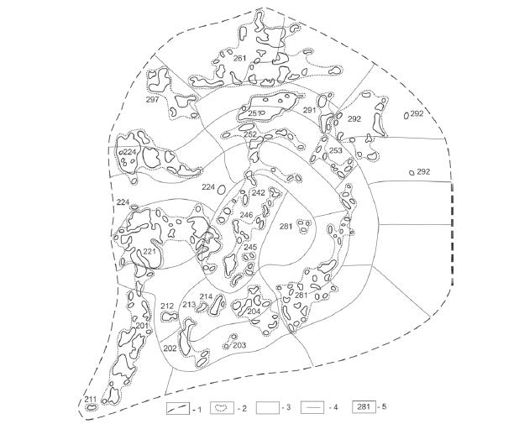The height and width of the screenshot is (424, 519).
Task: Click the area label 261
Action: (239, 59)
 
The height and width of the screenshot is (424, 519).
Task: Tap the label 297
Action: (153, 99)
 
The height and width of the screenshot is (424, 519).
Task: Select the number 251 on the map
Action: (254, 113)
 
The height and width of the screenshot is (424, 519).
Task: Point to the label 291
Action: (310, 110)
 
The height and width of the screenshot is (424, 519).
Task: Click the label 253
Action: (336, 150)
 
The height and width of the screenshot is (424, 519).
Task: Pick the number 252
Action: (250, 134)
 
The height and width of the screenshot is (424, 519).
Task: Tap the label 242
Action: (259, 192)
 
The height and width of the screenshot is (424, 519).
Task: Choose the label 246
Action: (247, 215)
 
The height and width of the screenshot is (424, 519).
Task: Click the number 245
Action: (250, 247)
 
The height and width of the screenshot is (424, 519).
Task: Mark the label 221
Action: (149, 252)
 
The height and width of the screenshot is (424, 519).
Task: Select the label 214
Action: (206, 296)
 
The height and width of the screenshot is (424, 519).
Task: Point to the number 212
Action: (167, 306)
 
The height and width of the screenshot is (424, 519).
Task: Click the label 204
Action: (254, 311)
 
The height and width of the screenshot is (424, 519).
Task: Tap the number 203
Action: (239, 346)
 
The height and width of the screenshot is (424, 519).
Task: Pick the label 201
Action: (142, 326)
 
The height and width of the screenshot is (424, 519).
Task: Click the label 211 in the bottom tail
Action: (91, 399)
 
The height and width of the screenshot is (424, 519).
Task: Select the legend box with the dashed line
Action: (178, 408)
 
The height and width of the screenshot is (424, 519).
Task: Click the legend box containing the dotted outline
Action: (222, 408)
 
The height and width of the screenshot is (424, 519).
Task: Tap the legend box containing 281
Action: (364, 407)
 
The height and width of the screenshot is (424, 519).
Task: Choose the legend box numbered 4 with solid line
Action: (312, 407)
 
